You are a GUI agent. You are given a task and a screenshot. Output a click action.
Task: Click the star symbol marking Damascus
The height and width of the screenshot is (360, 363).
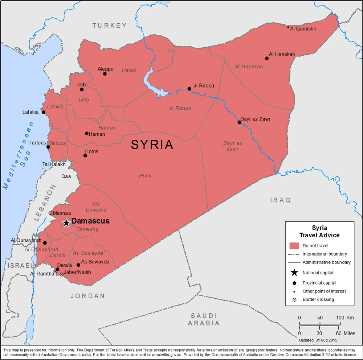pyautogui.click(x=66, y=223)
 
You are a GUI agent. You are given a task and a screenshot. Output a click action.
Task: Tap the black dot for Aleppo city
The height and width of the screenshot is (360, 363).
pyautogui.click(x=105, y=74)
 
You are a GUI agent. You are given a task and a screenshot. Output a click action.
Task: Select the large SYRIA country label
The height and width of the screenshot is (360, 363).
pyautogui.click(x=152, y=145)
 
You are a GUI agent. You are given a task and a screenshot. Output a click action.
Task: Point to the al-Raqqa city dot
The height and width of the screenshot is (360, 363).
pyautogui.click(x=189, y=89)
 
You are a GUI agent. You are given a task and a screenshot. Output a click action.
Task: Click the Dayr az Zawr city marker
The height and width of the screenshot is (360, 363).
pyautogui.click(x=239, y=122)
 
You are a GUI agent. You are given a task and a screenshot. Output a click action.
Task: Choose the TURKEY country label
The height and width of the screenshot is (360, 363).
pyautogui.click(x=109, y=25)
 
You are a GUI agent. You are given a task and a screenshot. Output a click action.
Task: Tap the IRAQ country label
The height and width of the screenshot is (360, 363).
pyautogui.click(x=281, y=200)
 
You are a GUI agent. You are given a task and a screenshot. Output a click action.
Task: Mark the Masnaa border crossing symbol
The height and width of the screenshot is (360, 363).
pyautogui.click(x=50, y=213)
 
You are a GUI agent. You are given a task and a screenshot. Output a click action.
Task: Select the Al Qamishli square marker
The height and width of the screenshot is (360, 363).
pyautogui.click(x=288, y=27)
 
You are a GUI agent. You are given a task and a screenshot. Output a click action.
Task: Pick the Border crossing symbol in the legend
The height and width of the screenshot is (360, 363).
pyautogui.click(x=294, y=299)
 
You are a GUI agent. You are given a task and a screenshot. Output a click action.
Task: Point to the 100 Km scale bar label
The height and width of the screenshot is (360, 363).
pyautogui.click(x=344, y=318)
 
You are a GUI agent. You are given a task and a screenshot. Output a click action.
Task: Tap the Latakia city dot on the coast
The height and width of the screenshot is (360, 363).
pyautogui.click(x=44, y=112)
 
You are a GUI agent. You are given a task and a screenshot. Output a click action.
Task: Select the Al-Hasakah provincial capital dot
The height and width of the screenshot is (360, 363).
pyautogui.click(x=266, y=58)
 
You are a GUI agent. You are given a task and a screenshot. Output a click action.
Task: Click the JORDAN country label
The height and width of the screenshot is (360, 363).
pyautogui.click(x=87, y=296)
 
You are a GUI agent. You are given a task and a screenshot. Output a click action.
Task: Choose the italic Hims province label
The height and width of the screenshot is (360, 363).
pyautogui.click(x=145, y=176)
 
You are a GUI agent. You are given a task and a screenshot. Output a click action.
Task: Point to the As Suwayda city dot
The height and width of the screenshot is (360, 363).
pyautogui.click(x=78, y=265)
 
